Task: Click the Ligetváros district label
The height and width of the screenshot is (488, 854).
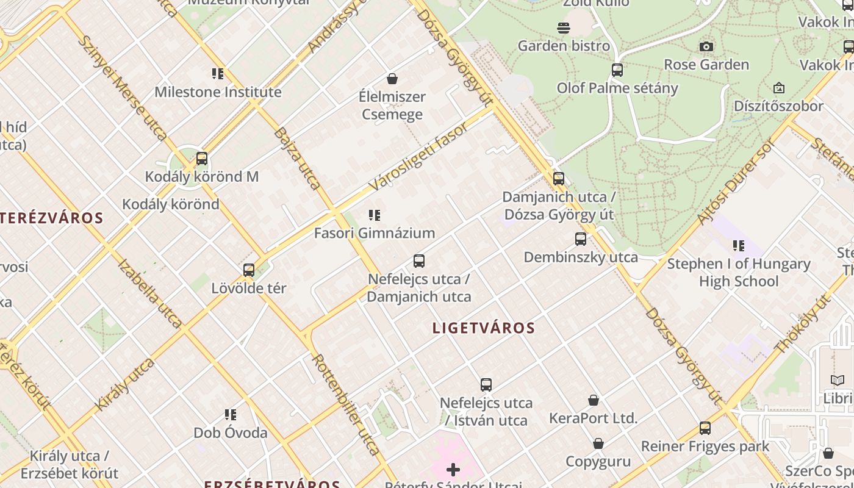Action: tap(484, 328)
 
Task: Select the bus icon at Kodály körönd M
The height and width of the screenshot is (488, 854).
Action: tap(202, 159)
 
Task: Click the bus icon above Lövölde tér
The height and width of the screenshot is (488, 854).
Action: tap(249, 270)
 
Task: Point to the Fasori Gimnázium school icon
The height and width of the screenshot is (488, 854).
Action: tap(375, 215)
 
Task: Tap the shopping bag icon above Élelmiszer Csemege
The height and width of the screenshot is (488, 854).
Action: tap(392, 79)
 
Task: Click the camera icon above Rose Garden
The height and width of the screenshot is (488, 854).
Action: tap(706, 47)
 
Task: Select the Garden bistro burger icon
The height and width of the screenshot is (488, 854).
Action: tap(563, 28)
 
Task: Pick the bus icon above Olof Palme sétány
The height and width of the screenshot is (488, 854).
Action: tap(617, 70)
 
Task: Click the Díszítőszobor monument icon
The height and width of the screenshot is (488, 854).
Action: tap(778, 88)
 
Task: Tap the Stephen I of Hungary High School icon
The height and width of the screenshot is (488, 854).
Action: tap(739, 246)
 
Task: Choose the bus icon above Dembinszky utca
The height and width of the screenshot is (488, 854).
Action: tap(581, 239)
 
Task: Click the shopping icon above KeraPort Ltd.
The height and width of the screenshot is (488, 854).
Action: tap(594, 400)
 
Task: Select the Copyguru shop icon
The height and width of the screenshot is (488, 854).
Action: tap(598, 443)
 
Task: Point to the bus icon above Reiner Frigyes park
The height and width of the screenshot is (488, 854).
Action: tap(705, 428)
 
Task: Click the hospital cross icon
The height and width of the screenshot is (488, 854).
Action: tap(453, 470)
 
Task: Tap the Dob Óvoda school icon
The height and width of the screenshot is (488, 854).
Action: tap(231, 415)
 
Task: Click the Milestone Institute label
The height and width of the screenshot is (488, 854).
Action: tap(218, 92)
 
